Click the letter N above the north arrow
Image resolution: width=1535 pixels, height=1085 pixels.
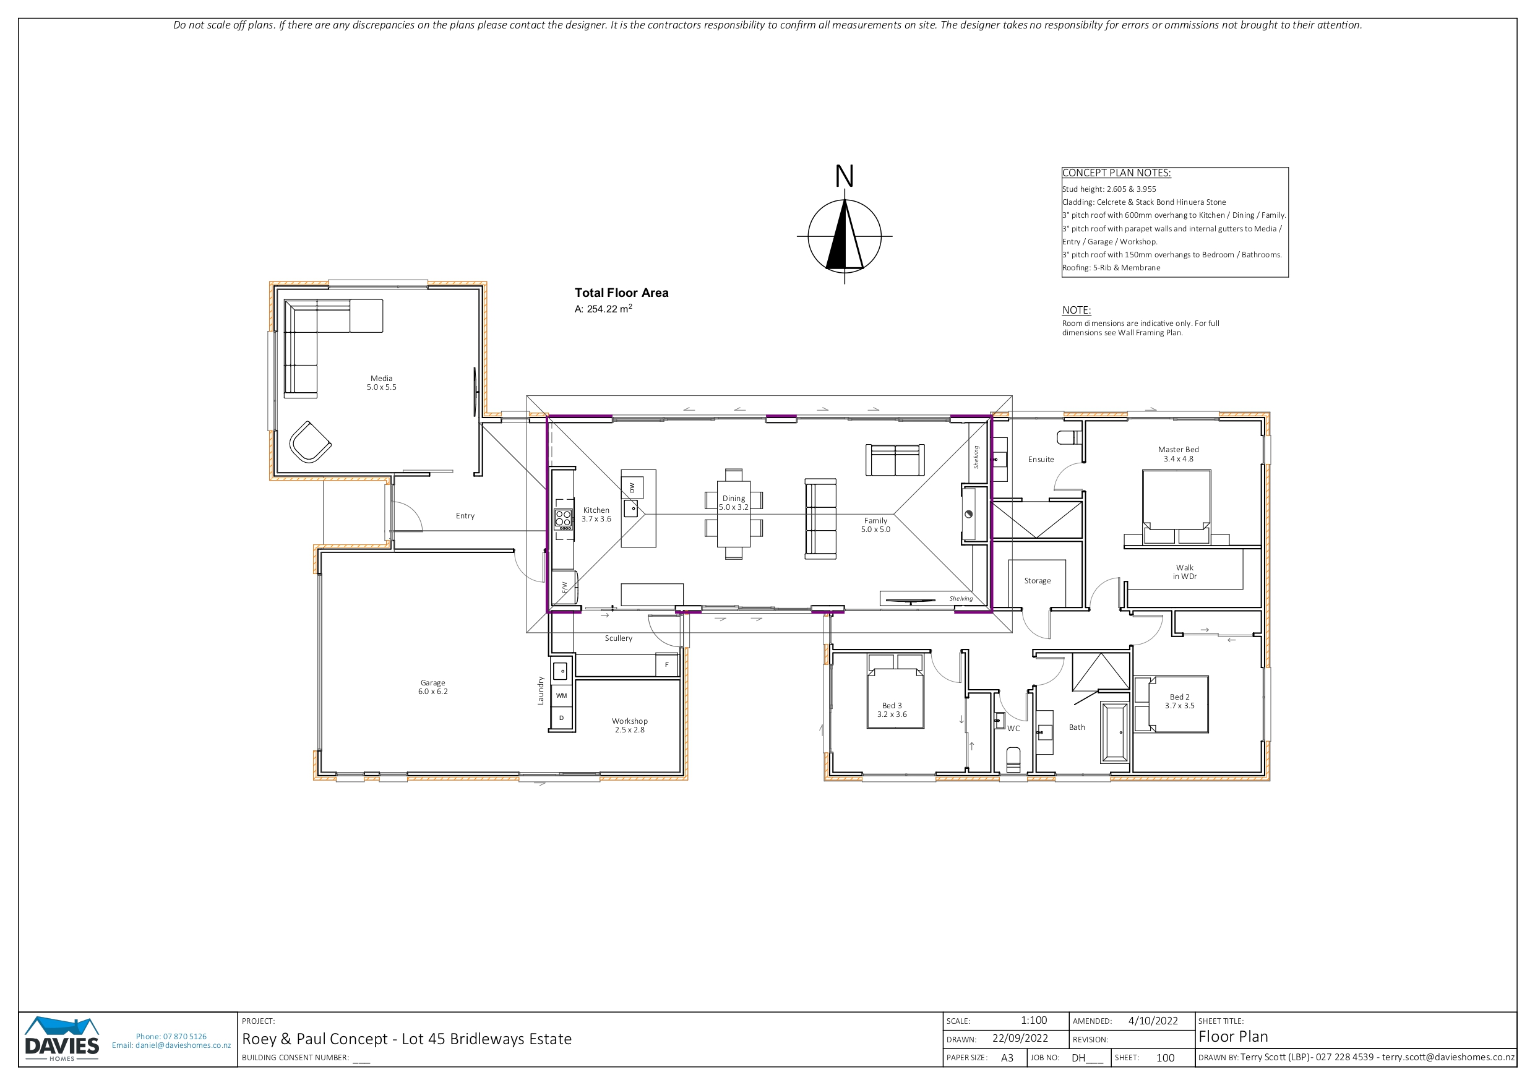pyautogui.click(x=845, y=176)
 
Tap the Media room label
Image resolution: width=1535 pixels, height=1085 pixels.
pyautogui.click(x=381, y=382)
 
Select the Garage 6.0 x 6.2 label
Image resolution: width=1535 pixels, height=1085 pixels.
pyautogui.click(x=432, y=687)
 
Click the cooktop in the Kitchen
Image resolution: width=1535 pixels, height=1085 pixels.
pyautogui.click(x=563, y=519)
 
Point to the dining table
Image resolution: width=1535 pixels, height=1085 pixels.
pyautogui.click(x=733, y=514)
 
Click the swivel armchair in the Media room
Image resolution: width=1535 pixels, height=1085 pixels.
pyautogui.click(x=309, y=442)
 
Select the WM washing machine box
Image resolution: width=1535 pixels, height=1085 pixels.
pyautogui.click(x=562, y=695)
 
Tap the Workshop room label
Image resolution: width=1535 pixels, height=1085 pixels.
pyautogui.click(x=630, y=726)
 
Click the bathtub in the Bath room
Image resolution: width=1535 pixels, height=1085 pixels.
pyautogui.click(x=1114, y=732)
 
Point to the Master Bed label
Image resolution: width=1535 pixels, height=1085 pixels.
pyautogui.click(x=1178, y=454)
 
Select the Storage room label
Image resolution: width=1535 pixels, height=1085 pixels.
pyautogui.click(x=1037, y=581)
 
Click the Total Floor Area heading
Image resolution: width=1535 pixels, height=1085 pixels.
pyautogui.click(x=621, y=293)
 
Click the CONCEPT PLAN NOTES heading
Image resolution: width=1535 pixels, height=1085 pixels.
pyautogui.click(x=1117, y=173)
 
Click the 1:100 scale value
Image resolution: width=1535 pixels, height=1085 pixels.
pyautogui.click(x=1034, y=1021)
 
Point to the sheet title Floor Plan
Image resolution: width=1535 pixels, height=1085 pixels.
pyautogui.click(x=1233, y=1037)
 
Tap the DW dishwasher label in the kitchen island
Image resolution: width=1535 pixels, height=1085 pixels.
pyautogui.click(x=632, y=488)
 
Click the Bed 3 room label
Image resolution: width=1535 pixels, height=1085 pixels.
pyautogui.click(x=892, y=710)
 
